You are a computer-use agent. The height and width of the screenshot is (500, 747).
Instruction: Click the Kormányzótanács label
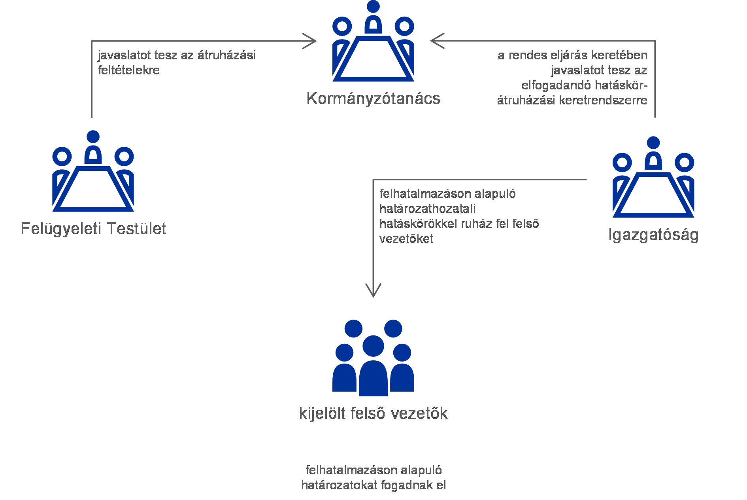pos(373,98)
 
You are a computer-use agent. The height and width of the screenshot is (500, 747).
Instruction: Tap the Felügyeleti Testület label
pos(93,229)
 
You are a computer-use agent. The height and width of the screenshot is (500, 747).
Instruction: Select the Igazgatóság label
pos(653,235)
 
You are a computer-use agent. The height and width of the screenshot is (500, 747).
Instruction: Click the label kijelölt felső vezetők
pos(373,413)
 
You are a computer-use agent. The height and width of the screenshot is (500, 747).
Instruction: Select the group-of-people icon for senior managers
pos(373,358)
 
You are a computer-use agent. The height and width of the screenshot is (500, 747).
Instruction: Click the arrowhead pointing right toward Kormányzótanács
pos(311,41)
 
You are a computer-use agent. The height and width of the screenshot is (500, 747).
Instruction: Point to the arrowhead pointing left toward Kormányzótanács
pos(436,41)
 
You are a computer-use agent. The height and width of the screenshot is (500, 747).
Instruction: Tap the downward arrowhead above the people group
pos(373,291)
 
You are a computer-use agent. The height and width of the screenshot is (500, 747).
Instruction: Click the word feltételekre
pos(129,70)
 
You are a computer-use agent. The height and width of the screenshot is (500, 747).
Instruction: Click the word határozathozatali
pos(427,209)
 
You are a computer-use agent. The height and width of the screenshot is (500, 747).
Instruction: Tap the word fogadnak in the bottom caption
pos(404,485)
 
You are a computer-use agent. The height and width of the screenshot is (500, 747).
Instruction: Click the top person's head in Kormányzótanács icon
pos(373,6)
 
